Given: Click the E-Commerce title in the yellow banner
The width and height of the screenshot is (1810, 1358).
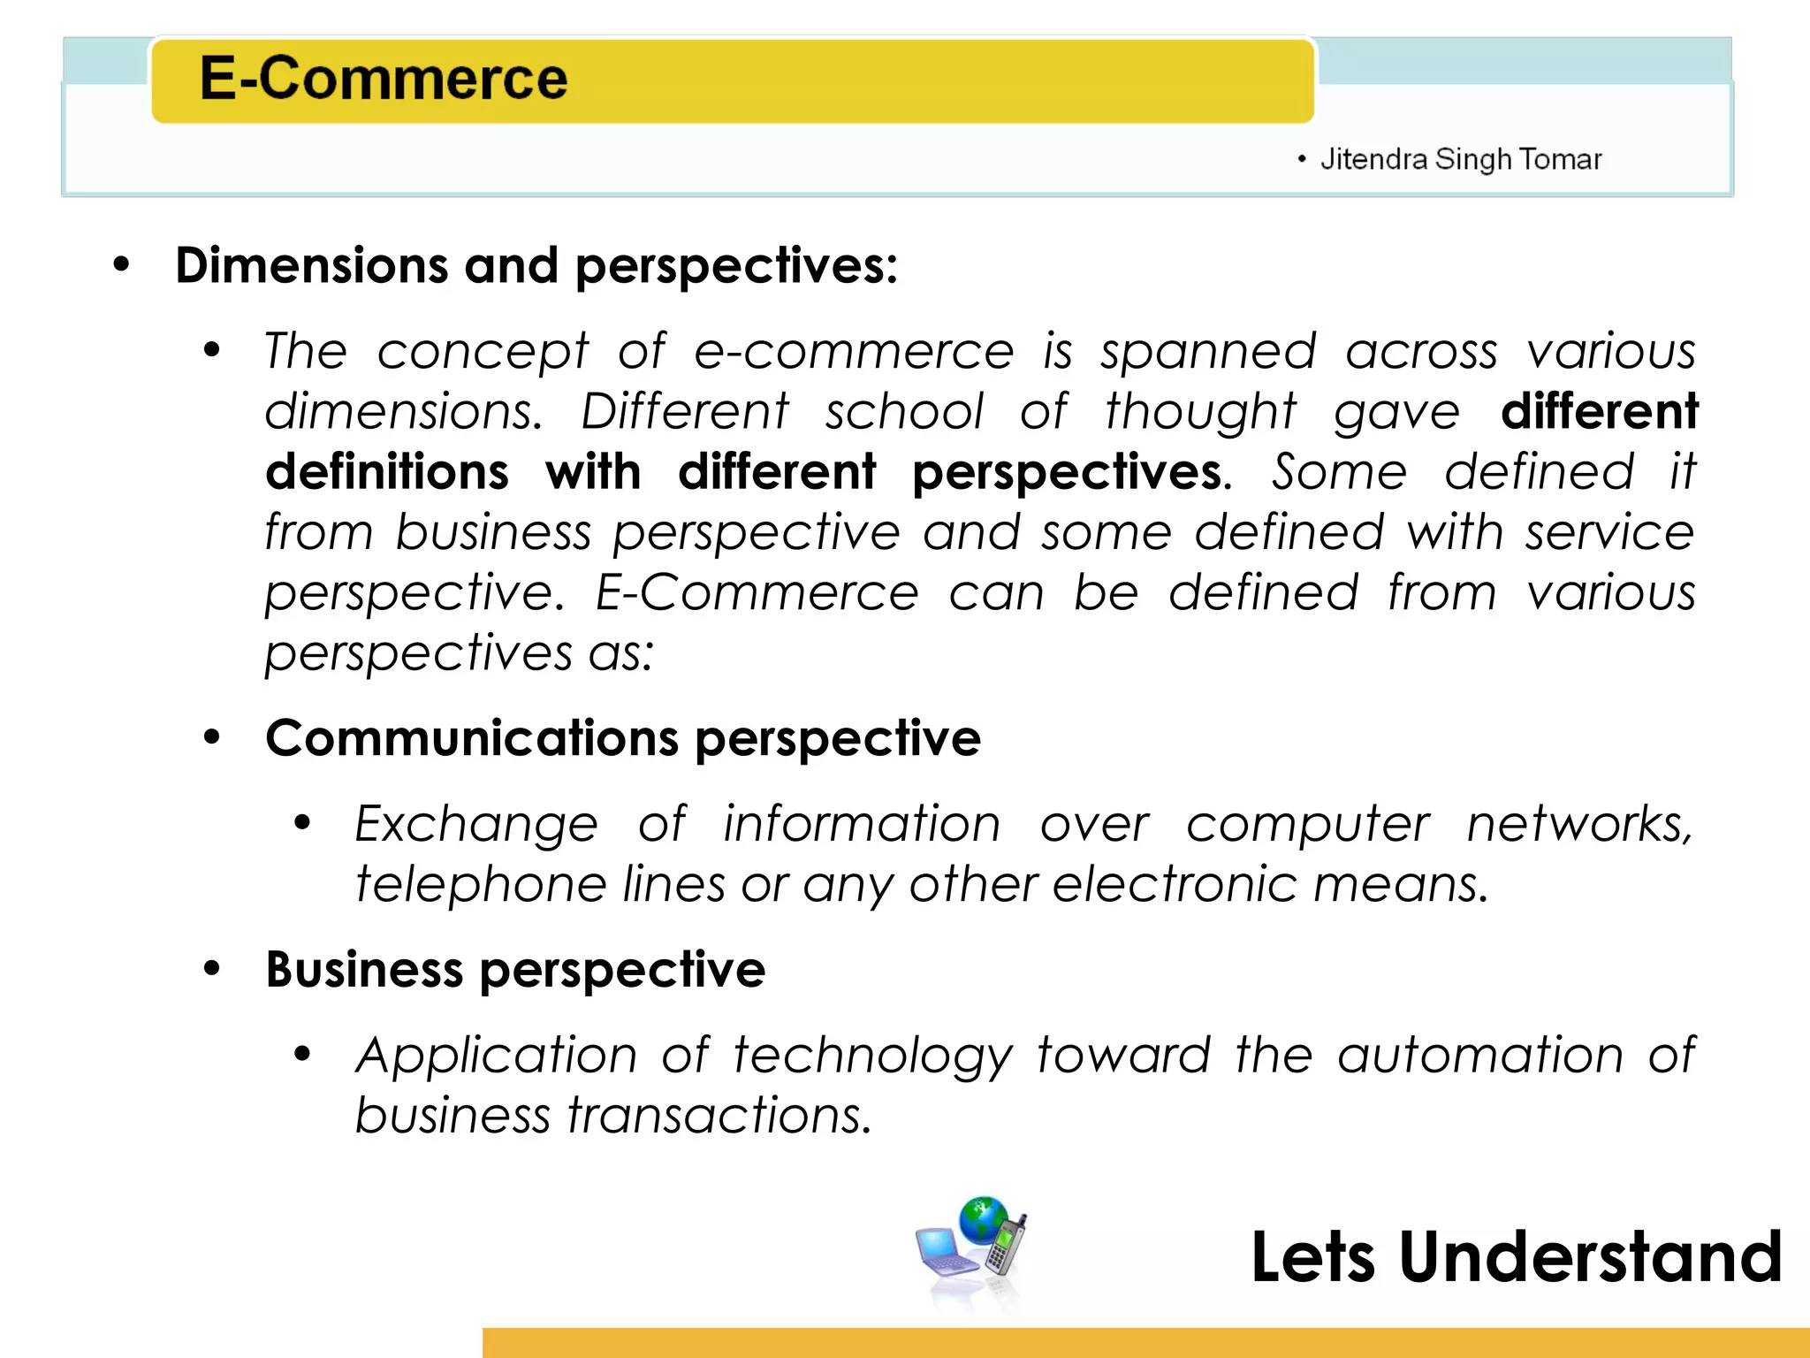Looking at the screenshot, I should pos(383,79).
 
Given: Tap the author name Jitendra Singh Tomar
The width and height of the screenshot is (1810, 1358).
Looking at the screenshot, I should pos(1460,159).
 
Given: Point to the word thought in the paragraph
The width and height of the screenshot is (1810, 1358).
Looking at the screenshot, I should pos(1200,413).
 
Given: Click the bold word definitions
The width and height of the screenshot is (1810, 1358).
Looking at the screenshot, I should pos(387,471).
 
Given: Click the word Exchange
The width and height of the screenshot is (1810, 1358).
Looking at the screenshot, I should pos(476,825).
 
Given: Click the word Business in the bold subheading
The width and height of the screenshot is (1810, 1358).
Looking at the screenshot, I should pos(364,970).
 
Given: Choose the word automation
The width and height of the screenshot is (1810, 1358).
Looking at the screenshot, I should pos(1480,1056).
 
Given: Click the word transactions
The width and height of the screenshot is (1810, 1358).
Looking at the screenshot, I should pos(719,1115).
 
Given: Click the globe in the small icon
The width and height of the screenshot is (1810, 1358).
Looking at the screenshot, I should pos(983,1220).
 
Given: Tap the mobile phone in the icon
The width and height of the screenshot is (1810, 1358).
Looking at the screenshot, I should pos(1007,1247).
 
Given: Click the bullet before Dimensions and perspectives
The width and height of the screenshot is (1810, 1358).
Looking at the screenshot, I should pos(121,264).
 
